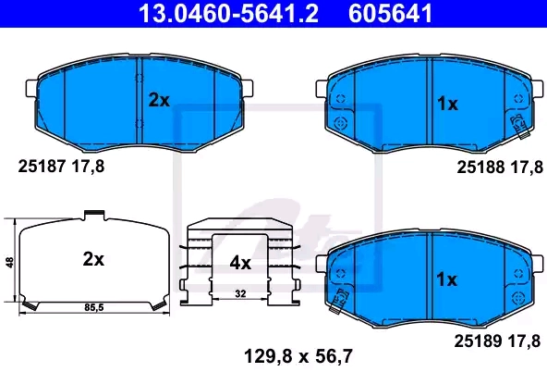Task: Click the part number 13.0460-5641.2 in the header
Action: coord(228,13)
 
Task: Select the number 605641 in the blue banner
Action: coord(390,13)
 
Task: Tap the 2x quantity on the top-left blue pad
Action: coord(159,101)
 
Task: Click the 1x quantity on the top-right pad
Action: coord(447,104)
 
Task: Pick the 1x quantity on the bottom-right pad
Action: coord(447,279)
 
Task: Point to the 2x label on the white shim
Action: coord(93,259)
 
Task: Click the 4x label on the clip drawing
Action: coord(240,263)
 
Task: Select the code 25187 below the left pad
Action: coord(42,167)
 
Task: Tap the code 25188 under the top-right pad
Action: coord(480,167)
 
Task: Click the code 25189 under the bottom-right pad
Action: coord(478,341)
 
